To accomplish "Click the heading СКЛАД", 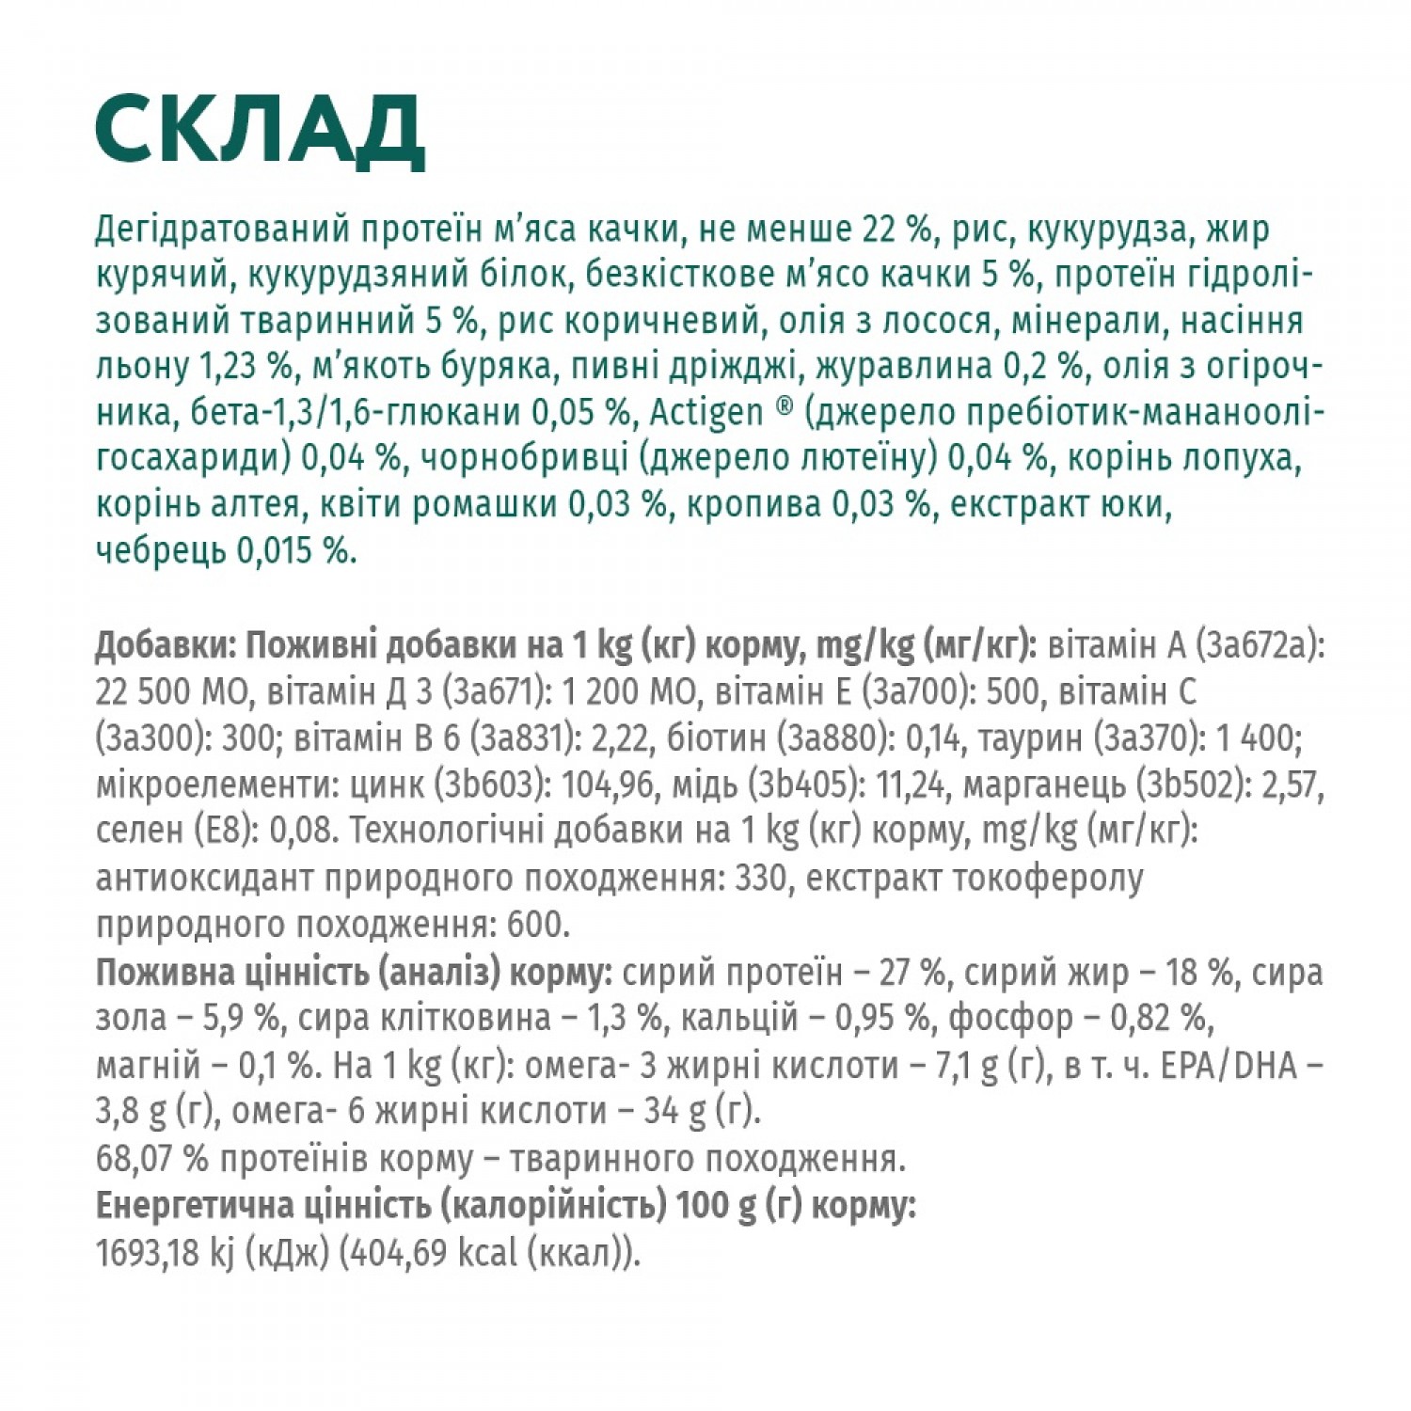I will pyautogui.click(x=260, y=132).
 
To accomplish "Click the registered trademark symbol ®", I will pyautogui.click(x=785, y=408).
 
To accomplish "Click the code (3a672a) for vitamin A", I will pyautogui.click(x=1260, y=646).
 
